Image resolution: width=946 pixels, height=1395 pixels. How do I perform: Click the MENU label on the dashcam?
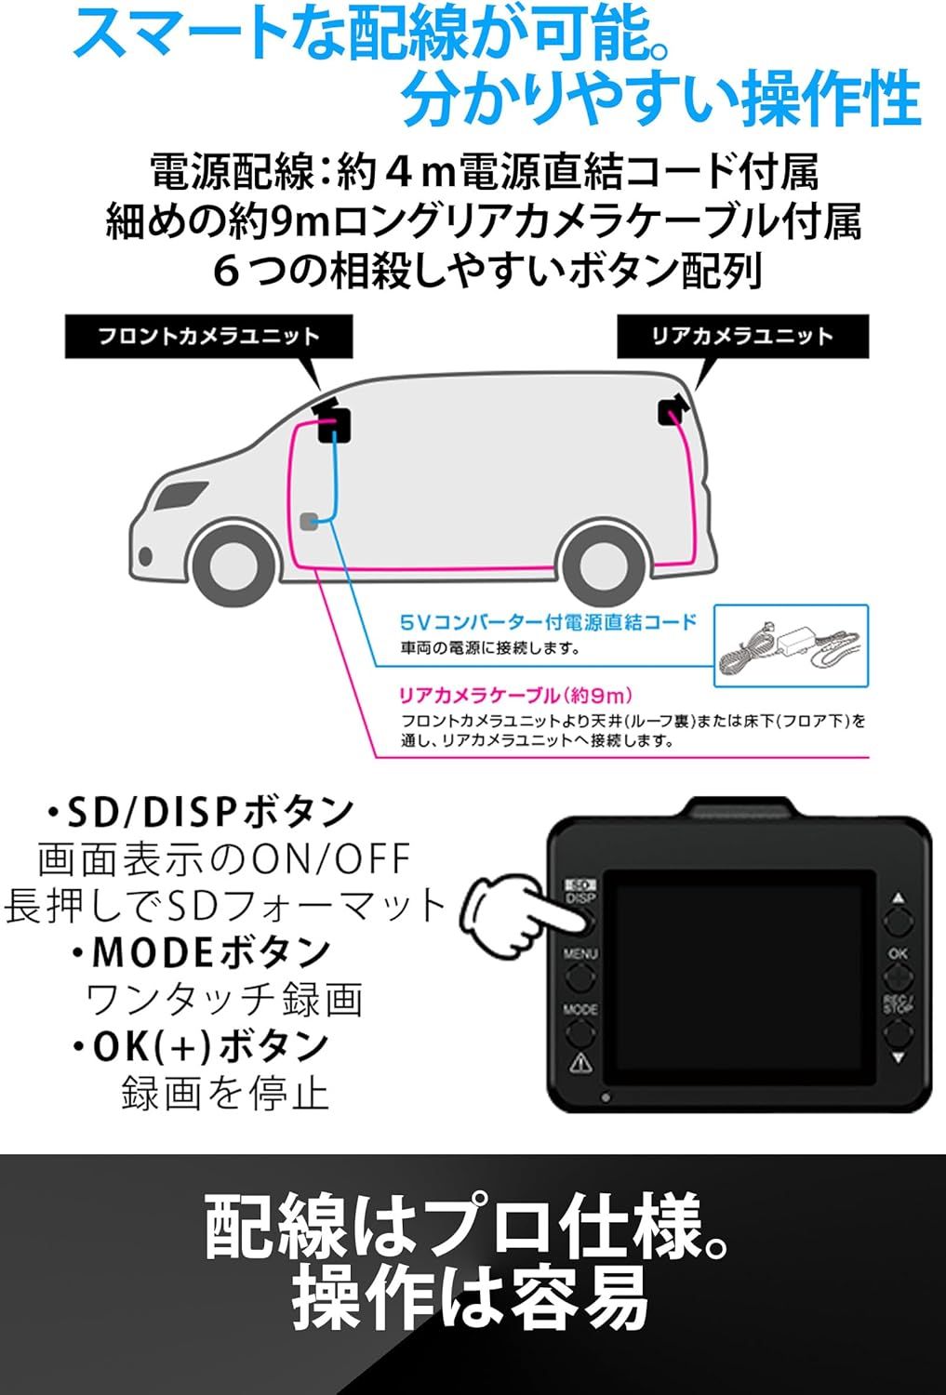click(580, 953)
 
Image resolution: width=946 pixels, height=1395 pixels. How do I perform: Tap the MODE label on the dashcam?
click(580, 1009)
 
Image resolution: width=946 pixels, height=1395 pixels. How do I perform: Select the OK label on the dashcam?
click(898, 953)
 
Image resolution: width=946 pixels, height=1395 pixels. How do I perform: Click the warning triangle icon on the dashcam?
click(580, 1061)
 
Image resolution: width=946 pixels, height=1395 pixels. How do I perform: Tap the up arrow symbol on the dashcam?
click(898, 898)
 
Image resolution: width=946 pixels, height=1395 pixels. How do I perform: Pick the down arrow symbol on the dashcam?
click(898, 1056)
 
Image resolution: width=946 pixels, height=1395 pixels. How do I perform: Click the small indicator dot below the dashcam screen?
click(606, 1097)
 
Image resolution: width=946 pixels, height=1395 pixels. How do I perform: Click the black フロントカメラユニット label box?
click(208, 337)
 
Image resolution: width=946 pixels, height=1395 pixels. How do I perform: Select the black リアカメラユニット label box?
click(742, 337)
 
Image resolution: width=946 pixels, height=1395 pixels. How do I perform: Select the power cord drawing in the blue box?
click(791, 647)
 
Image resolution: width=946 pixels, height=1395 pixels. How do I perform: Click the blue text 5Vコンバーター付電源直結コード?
click(548, 622)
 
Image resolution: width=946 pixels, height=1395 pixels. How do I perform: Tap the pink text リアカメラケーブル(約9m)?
click(515, 695)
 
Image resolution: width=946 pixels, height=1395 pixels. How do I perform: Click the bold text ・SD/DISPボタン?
click(201, 812)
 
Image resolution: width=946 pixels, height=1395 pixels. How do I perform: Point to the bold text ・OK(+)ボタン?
click(201, 1046)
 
